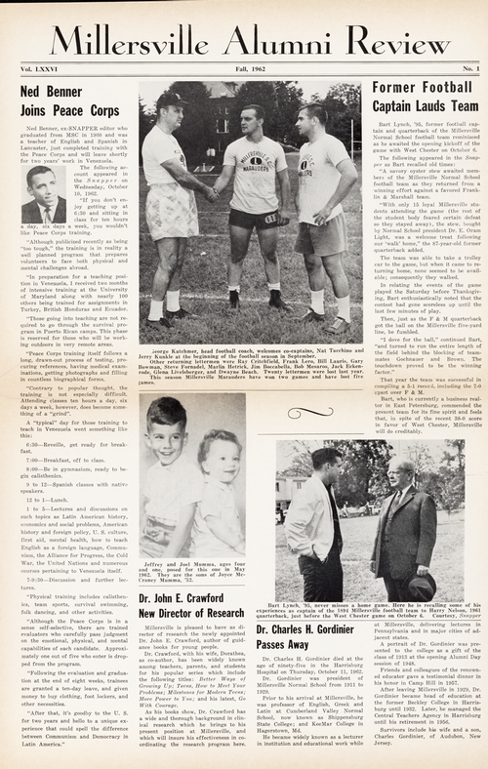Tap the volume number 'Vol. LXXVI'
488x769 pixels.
point(42,70)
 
